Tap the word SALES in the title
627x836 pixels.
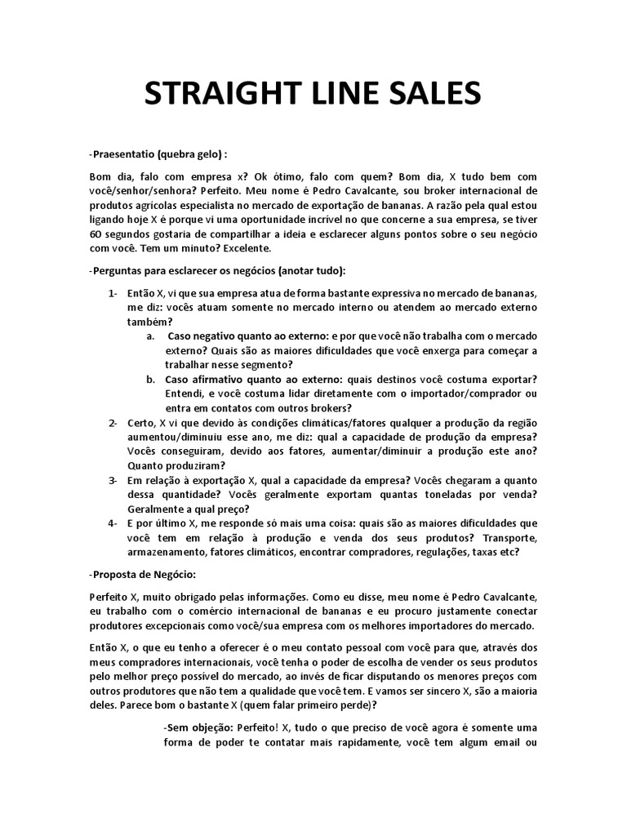432,96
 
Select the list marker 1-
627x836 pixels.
113,293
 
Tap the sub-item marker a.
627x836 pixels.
150,336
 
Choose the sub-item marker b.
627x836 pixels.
151,379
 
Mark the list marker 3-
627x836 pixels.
113,479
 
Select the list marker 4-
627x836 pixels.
113,522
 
